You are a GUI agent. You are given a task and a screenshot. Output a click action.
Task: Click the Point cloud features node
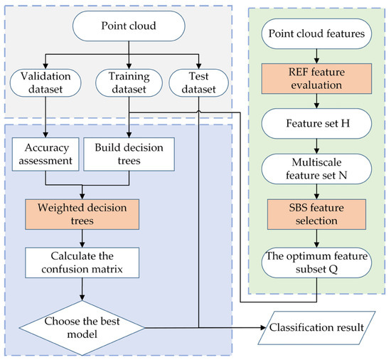314,33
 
